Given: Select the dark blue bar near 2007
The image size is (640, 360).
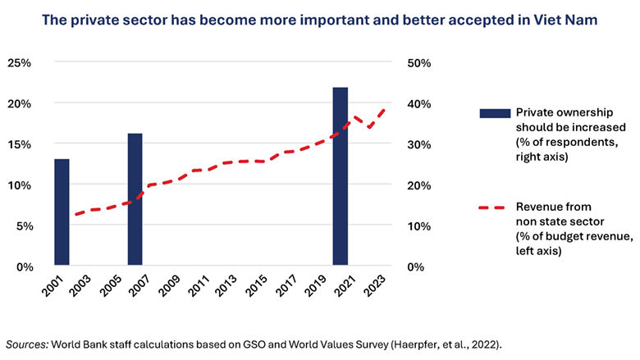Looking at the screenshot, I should pos(135,200).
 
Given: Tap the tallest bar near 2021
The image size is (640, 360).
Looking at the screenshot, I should pos(340,176).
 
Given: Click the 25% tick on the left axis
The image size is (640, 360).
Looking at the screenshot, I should pos(20,62).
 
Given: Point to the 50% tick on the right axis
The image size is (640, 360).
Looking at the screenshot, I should pos(420,62).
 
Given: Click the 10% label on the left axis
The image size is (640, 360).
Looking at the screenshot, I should pos(20,185).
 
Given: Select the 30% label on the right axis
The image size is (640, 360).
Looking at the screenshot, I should pos(420,144).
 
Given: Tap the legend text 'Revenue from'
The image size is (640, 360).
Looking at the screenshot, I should pos(552,207).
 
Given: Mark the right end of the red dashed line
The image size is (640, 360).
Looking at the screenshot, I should pos(385,107).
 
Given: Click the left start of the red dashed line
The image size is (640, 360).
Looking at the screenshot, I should pos(74,215).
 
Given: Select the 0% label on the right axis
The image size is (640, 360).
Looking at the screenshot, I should pos(417,267).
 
